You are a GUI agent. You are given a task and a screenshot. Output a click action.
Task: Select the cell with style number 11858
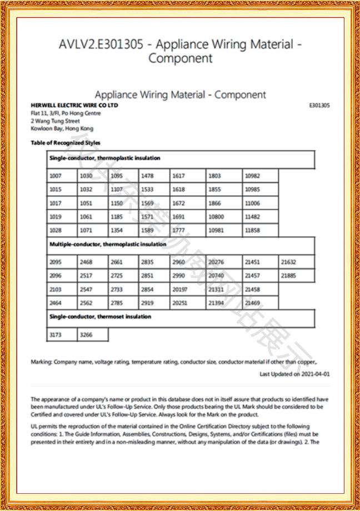click(x=259, y=230)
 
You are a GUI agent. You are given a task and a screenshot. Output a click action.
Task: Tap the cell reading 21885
click(x=296, y=276)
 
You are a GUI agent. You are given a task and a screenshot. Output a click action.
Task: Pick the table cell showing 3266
click(x=93, y=335)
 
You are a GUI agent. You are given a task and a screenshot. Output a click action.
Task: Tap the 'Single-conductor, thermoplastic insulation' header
click(x=181, y=158)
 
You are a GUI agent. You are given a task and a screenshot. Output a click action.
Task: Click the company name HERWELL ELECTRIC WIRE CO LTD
click(x=74, y=105)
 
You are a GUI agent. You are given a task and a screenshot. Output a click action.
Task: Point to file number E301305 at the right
click(x=319, y=105)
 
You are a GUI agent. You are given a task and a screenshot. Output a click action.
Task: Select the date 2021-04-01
click(x=316, y=374)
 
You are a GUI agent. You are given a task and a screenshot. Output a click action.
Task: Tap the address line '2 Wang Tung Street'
click(x=56, y=121)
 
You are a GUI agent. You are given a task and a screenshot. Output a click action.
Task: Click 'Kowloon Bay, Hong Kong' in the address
click(x=62, y=128)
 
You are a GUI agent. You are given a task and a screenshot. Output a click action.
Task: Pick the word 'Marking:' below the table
click(x=42, y=362)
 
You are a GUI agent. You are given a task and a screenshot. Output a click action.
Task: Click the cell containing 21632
click(x=296, y=262)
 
